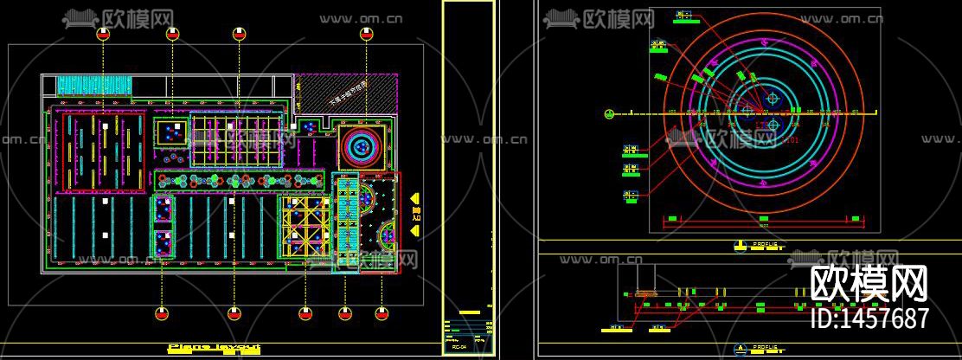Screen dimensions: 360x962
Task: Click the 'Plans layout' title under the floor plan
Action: tap(213, 348)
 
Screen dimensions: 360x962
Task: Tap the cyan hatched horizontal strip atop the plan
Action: tap(94, 85)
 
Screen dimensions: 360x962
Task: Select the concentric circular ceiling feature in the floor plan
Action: tap(357, 146)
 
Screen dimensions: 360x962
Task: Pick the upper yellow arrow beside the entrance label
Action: tap(415, 196)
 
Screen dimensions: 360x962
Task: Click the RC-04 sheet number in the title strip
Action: tap(459, 347)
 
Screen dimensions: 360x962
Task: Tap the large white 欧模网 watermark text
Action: tap(869, 283)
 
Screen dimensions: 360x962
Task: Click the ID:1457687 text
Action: tap(869, 318)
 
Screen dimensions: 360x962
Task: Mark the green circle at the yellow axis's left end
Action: tap(609, 113)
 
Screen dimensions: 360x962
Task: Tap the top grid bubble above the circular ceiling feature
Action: tap(365, 34)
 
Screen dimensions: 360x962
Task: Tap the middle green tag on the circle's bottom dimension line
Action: tap(764, 217)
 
